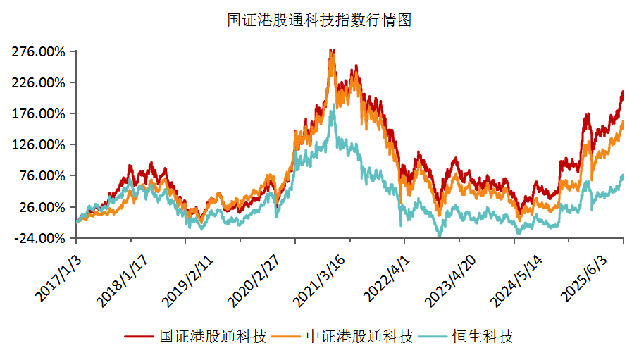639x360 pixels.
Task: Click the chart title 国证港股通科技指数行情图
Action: [319, 20]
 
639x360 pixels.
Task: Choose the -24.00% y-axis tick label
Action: [39, 238]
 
